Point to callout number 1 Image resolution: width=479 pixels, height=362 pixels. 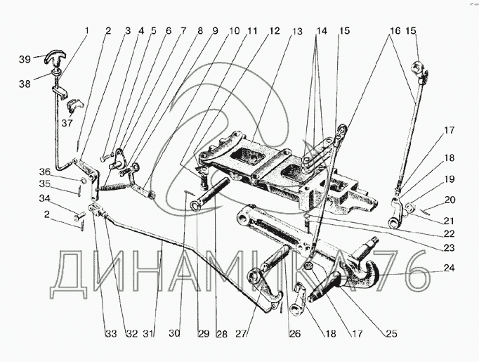pos(87,30)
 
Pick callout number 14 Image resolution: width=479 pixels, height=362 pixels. pos(321,31)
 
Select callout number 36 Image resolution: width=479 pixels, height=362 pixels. pos(63,172)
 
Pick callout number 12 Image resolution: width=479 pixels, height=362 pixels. pos(273,31)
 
